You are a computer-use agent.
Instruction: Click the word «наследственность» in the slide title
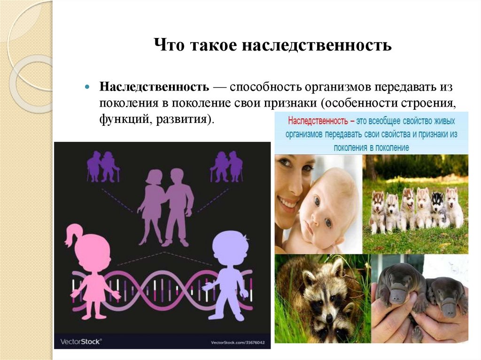(x=317, y=46)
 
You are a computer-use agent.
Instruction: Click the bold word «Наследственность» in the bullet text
(x=154, y=87)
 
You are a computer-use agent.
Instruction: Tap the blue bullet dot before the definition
(x=87, y=88)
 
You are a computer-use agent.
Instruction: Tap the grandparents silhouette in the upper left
(x=103, y=166)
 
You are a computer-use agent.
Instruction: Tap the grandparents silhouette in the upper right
(x=226, y=166)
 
